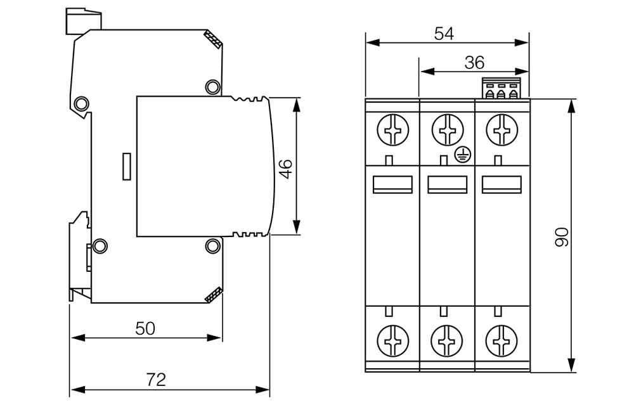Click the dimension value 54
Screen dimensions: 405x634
(x=444, y=34)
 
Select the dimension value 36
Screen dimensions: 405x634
(x=474, y=62)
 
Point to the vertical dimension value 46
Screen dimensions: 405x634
(x=286, y=169)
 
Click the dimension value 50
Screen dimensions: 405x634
(x=145, y=328)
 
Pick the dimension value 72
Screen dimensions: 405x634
(x=156, y=380)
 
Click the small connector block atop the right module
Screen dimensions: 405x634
(x=500, y=89)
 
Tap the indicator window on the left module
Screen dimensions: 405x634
(x=392, y=184)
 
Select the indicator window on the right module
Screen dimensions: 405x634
(x=501, y=184)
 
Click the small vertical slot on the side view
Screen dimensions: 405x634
(x=127, y=166)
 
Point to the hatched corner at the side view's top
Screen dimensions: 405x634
(x=214, y=40)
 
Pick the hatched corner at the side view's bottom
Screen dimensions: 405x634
(x=214, y=294)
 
